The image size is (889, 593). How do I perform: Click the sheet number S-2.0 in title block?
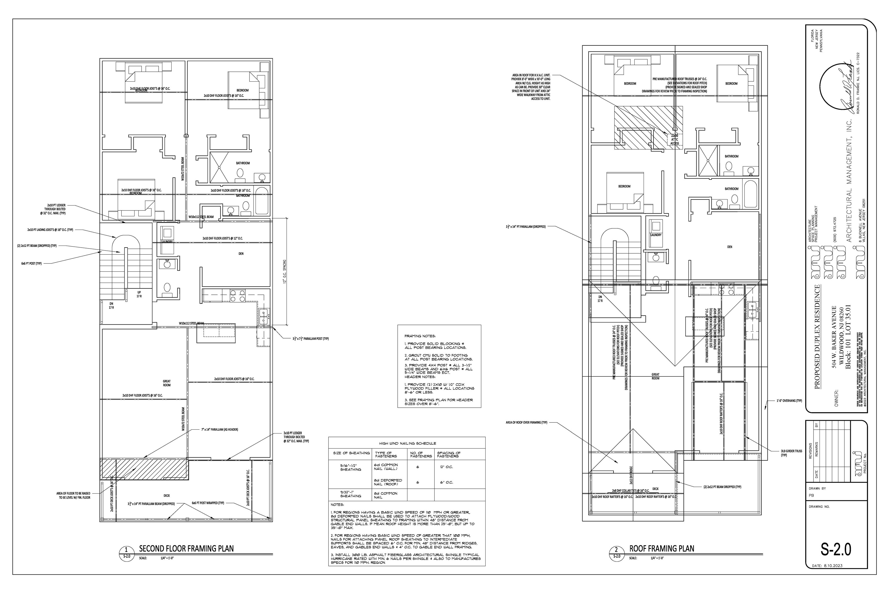coord(836,549)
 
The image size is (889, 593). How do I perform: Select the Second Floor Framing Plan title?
coord(186,548)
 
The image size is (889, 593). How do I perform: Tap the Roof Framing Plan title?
coord(662,548)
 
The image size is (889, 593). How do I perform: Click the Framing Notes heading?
coord(420,336)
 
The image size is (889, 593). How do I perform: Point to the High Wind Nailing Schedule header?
coord(407,443)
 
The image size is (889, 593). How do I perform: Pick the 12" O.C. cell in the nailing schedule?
coord(447,467)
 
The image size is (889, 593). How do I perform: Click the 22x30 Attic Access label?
coord(675,140)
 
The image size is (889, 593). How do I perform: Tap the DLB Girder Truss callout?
coord(791,453)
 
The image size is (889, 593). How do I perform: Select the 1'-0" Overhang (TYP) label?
coord(789,400)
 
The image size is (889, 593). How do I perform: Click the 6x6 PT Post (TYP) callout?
coord(31,263)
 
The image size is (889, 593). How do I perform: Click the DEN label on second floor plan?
coord(241,254)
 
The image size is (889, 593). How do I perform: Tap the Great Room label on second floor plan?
coord(167,383)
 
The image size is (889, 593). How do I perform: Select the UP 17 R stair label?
coord(139,294)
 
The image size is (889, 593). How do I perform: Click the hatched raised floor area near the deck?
coord(144,469)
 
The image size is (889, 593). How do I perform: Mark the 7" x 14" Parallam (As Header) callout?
coord(219,430)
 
